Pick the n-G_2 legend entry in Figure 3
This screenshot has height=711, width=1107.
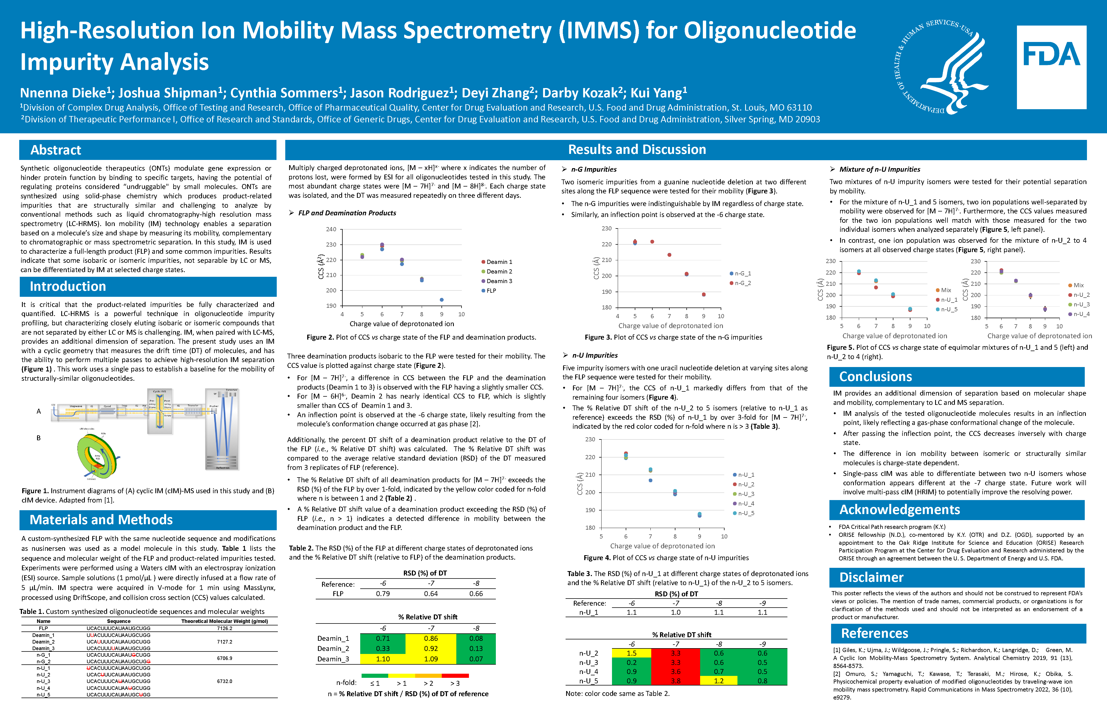[x=742, y=283]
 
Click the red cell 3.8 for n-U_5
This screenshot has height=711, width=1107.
[x=675, y=681]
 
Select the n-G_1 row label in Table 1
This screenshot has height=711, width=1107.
[x=43, y=655]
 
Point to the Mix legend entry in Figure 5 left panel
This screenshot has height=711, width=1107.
[x=946, y=290]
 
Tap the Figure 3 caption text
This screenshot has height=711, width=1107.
[x=673, y=337]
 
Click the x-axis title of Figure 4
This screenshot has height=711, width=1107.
[x=662, y=546]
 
